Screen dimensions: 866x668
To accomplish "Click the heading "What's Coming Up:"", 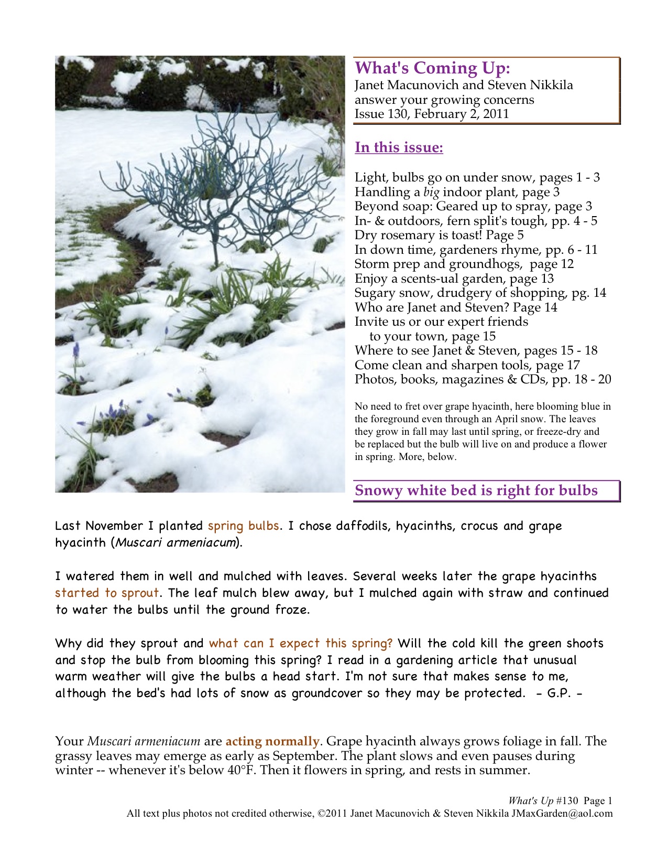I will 432,68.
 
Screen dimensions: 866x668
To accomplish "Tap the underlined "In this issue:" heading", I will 399,147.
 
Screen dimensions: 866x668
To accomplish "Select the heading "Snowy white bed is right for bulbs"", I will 476,490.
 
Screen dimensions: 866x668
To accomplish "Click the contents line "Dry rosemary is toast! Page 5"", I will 439,235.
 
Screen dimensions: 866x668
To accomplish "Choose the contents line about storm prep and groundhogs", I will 464,264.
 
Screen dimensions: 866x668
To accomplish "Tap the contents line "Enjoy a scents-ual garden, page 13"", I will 454,279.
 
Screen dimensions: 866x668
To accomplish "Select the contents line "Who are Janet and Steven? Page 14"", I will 456,307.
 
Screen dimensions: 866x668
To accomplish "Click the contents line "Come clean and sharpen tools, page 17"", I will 467,365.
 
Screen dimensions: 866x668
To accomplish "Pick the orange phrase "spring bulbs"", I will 243,526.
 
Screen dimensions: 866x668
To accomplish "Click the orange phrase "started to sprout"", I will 107,593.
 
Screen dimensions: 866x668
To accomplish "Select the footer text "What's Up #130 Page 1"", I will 560,801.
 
